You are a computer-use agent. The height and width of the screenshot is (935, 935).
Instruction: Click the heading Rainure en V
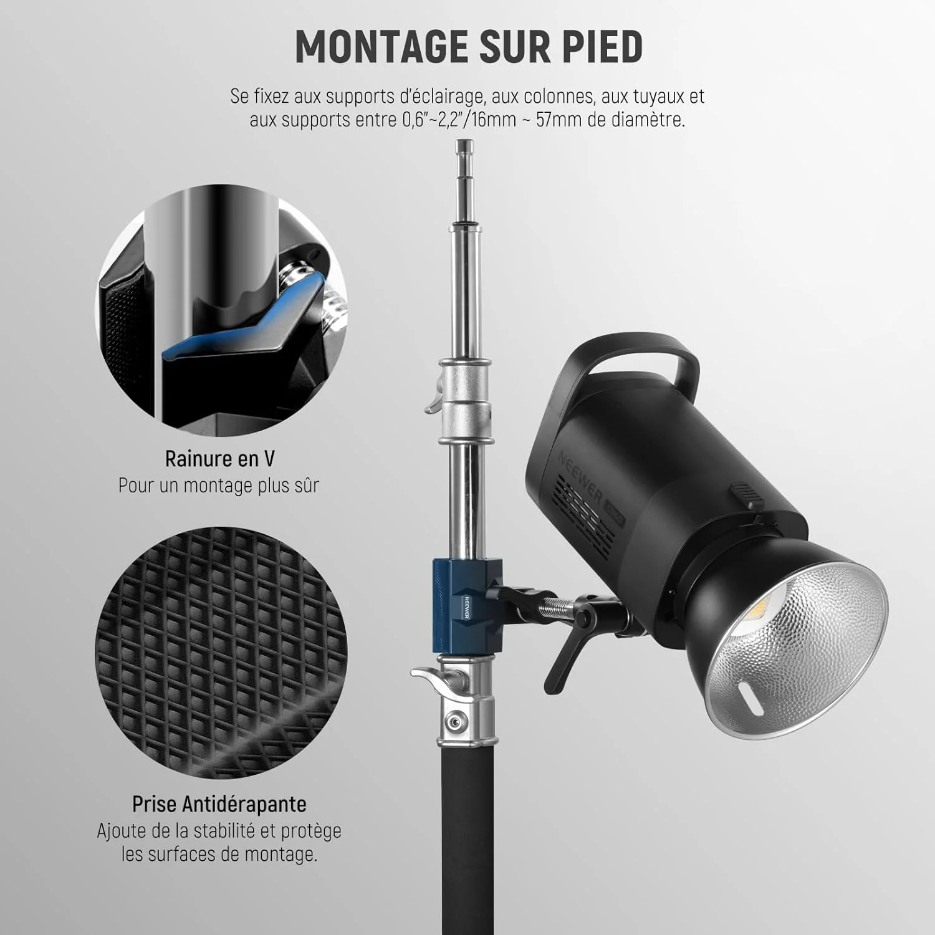coord(219,459)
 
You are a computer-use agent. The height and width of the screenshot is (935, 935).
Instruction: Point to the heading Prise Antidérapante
coord(219,803)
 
